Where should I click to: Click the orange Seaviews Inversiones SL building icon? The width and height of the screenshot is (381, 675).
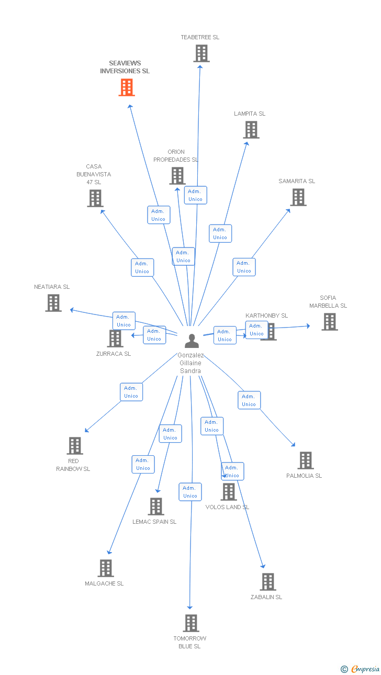click(127, 87)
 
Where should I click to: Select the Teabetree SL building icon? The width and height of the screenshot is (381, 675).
click(201, 53)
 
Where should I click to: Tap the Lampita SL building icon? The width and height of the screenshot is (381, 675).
click(251, 130)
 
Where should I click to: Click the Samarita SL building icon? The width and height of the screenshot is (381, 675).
click(298, 197)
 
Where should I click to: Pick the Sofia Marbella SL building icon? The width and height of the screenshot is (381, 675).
click(330, 322)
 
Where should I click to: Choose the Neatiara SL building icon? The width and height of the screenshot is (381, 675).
click(53, 303)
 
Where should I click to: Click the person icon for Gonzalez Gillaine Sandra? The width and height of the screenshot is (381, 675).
click(192, 341)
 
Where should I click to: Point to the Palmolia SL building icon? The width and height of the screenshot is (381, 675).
click(306, 460)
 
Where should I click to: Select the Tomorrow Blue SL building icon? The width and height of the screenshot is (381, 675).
click(191, 623)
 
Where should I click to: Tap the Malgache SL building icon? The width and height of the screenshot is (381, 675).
click(106, 568)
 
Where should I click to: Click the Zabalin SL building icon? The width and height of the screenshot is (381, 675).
click(267, 582)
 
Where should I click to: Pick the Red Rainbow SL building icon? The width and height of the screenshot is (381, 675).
click(75, 446)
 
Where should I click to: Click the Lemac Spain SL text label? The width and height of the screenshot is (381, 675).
click(154, 522)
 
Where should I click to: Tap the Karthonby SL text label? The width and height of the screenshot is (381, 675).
click(266, 316)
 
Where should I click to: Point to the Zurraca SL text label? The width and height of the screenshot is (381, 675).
click(114, 354)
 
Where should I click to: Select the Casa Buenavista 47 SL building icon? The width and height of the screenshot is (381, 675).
click(95, 198)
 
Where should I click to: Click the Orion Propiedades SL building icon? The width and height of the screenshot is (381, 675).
click(177, 176)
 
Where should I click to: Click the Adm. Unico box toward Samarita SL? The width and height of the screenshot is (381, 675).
click(244, 267)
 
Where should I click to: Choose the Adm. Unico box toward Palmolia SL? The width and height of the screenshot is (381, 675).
click(249, 400)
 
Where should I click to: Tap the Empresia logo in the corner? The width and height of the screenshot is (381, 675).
click(360, 669)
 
